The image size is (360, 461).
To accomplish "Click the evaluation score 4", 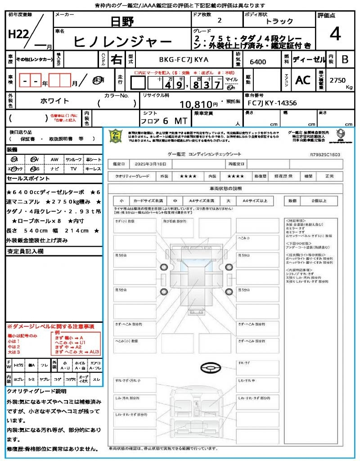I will [x=334, y=34].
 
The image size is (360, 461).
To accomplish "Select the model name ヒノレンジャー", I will [x=122, y=41].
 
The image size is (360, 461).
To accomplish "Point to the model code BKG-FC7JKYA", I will [x=184, y=59].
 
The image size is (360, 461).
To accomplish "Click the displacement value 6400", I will [x=258, y=62].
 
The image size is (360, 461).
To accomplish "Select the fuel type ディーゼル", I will [x=309, y=59].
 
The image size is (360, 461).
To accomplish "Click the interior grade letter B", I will [x=345, y=59].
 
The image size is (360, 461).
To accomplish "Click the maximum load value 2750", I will [x=337, y=80].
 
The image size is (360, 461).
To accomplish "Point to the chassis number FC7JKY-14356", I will [x=272, y=103].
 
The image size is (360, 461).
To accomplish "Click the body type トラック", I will [x=279, y=21].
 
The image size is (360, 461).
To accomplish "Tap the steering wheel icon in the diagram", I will [x=212, y=368].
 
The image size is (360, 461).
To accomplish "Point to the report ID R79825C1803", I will [x=325, y=154].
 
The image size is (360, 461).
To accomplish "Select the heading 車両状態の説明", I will [x=225, y=188].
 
